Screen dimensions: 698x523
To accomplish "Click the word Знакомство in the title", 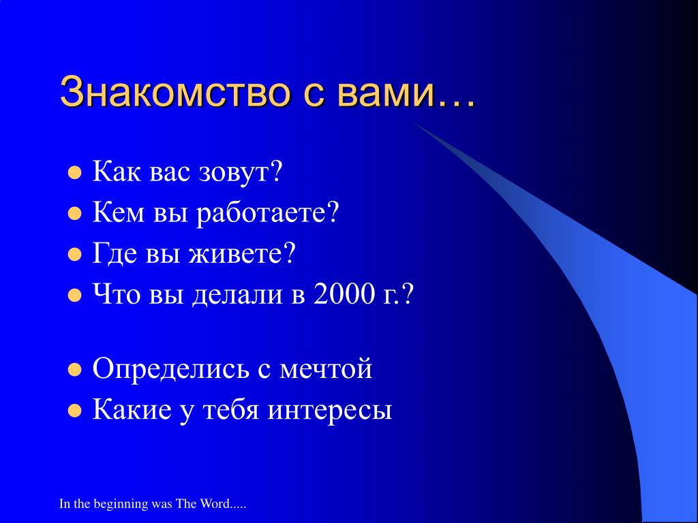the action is [175, 92].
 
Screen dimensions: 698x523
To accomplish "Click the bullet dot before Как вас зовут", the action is [75, 172].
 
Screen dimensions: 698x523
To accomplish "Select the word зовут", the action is [241, 172].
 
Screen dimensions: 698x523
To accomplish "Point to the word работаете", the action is [268, 212].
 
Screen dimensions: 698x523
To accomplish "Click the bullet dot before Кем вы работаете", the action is [75, 213].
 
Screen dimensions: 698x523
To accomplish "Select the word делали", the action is [237, 295].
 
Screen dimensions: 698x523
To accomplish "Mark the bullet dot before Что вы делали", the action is [75, 296].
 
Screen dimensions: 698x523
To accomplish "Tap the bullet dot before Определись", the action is [75, 370].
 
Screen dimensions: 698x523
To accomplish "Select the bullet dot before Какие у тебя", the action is [75, 411].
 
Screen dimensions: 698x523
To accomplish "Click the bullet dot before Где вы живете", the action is [75, 255].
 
